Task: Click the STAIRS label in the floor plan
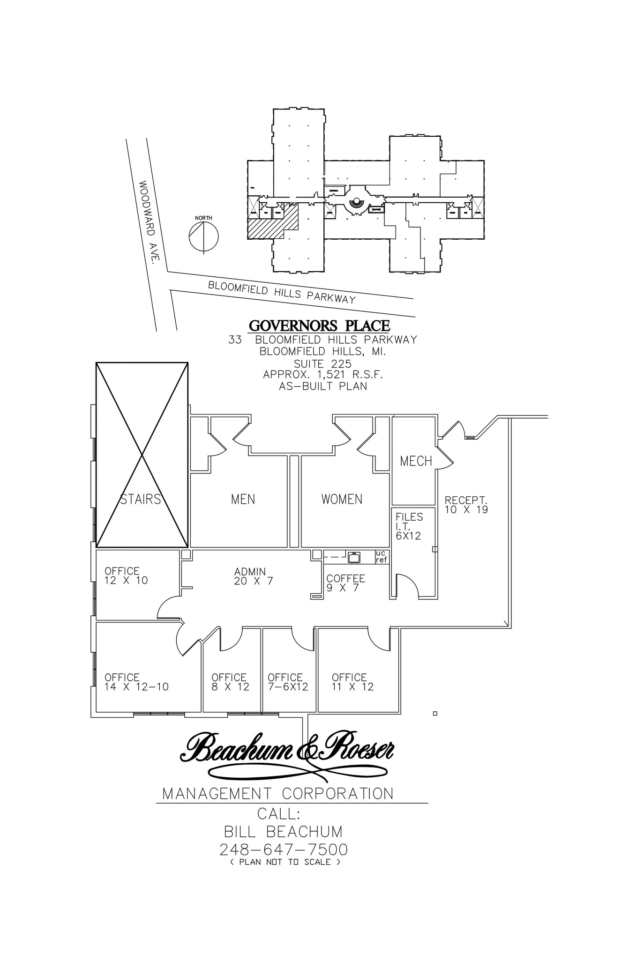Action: (140, 499)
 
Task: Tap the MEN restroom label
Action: (243, 499)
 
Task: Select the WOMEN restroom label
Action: (342, 499)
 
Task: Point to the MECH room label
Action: (416, 461)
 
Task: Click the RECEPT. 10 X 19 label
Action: (466, 505)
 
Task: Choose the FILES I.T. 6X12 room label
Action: (409, 526)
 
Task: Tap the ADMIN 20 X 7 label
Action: (253, 576)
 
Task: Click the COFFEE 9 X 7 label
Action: (345, 583)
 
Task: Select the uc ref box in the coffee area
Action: (382, 556)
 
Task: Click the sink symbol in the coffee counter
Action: (354, 557)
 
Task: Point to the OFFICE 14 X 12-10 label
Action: (136, 682)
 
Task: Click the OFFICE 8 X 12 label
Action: (230, 682)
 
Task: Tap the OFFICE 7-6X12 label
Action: (287, 682)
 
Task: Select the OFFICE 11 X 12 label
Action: (352, 682)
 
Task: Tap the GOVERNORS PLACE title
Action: (319, 325)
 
